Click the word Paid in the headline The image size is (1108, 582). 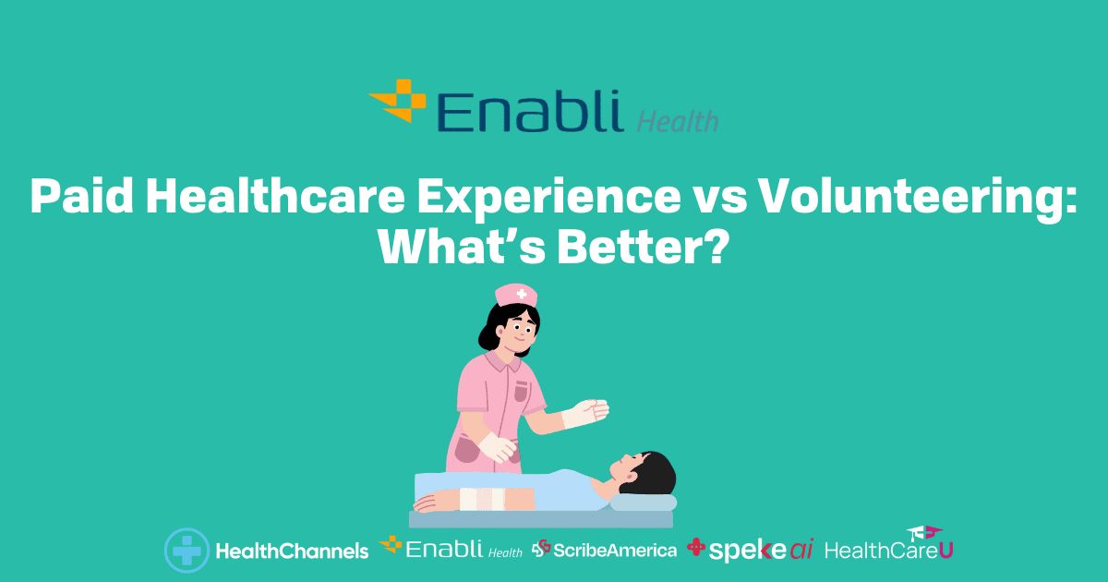pos(81,196)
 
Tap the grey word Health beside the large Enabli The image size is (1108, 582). pos(678,122)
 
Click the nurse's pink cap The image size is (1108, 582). pos(516,295)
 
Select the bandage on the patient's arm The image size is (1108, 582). pos(482,498)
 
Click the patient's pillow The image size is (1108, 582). pos(643,503)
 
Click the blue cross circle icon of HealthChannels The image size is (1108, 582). pos(187,551)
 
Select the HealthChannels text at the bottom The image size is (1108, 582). pos(293,551)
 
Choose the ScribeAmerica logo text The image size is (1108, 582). pos(615,551)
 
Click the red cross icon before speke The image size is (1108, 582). pos(696,547)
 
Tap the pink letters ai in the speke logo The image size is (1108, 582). pos(801,550)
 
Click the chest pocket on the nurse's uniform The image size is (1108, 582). pos(521,391)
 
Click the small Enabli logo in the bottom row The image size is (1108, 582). pos(451,548)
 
